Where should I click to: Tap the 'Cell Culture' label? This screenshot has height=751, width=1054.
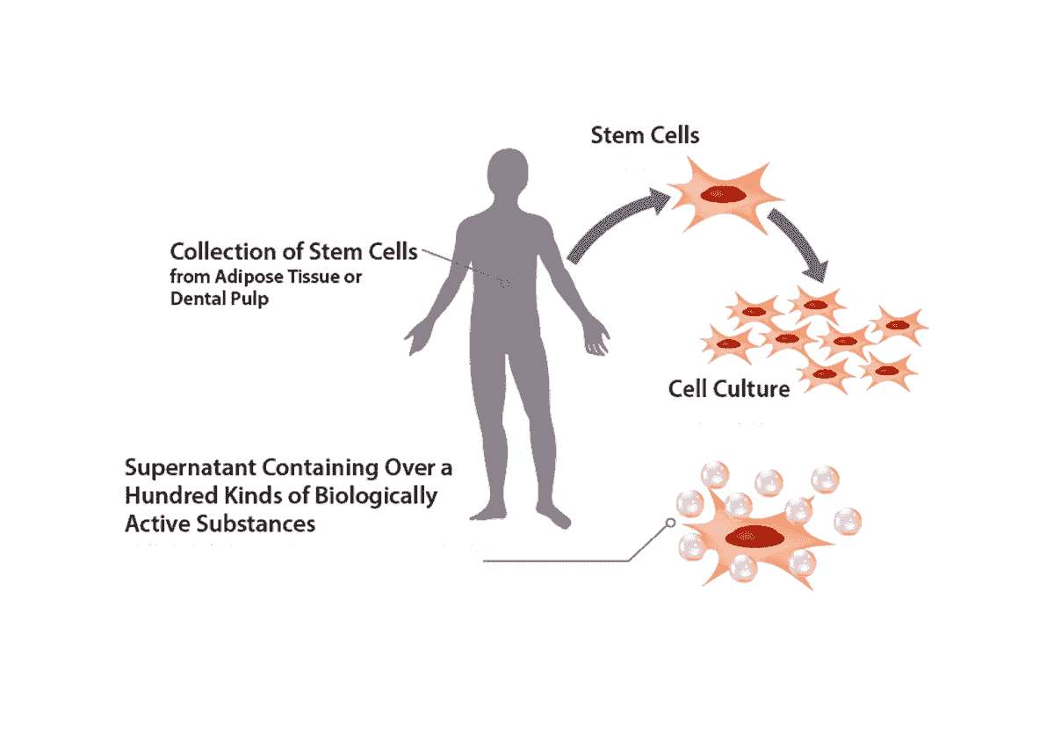click(729, 387)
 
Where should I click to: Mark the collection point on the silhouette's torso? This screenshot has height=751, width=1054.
click(505, 282)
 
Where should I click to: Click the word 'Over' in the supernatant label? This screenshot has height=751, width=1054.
click(404, 468)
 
